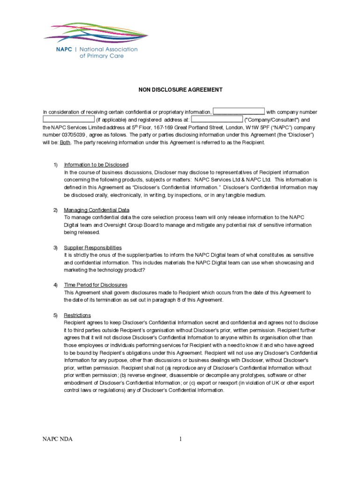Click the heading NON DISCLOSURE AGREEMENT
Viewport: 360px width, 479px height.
pos(180,90)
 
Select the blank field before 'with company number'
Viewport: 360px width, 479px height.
pos(239,112)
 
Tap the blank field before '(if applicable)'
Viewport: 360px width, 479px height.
pos(69,119)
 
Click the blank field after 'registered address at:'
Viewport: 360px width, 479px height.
pos(217,119)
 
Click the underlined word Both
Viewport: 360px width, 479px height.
pos(65,142)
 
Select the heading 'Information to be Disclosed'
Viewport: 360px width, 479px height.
pos(96,165)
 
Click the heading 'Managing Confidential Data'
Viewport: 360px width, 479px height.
pos(96,210)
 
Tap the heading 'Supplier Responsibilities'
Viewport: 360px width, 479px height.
pos(93,247)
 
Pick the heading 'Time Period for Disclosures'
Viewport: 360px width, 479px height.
pos(95,285)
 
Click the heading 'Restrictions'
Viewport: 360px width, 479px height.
pos(77,315)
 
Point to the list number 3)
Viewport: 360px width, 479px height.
pos(55,247)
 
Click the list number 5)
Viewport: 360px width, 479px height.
pos(55,315)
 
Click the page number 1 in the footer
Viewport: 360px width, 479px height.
pos(180,439)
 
